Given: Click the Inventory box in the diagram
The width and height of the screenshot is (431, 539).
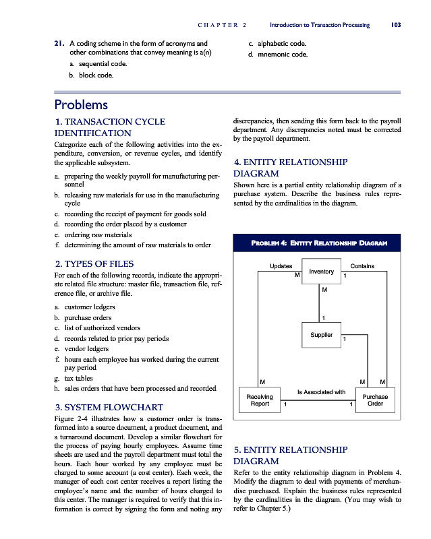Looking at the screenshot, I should pos(321,272).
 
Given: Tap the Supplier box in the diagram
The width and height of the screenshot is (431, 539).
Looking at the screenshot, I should pos(321,335).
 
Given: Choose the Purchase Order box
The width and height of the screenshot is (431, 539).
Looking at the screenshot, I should pos(375,400).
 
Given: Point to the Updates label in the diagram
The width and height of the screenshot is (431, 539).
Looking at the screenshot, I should pos(281,266).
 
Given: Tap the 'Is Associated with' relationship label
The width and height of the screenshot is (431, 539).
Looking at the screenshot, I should pos(321,391).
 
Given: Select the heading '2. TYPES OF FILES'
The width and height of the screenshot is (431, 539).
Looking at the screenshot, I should pos(93,263).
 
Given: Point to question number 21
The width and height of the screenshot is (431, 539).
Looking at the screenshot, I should pos(59,43).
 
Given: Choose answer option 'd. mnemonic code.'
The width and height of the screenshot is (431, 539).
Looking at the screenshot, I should pos(277,54).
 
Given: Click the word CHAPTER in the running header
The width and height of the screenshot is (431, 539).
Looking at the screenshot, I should pos(217,25).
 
